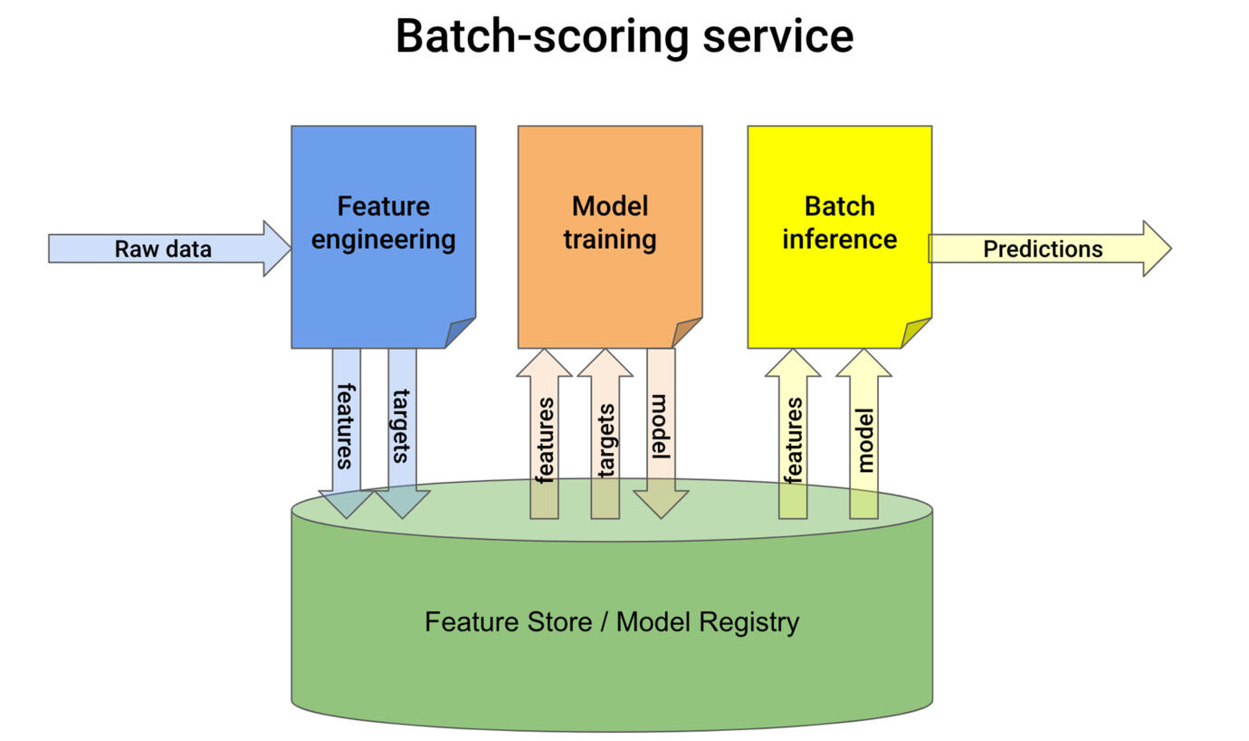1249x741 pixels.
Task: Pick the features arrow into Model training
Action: click(544, 435)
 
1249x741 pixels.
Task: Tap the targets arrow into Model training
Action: click(605, 435)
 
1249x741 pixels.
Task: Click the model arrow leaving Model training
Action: click(661, 426)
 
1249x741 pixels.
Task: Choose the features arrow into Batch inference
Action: click(793, 435)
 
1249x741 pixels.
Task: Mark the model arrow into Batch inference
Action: click(863, 435)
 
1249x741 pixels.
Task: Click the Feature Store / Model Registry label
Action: click(612, 622)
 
